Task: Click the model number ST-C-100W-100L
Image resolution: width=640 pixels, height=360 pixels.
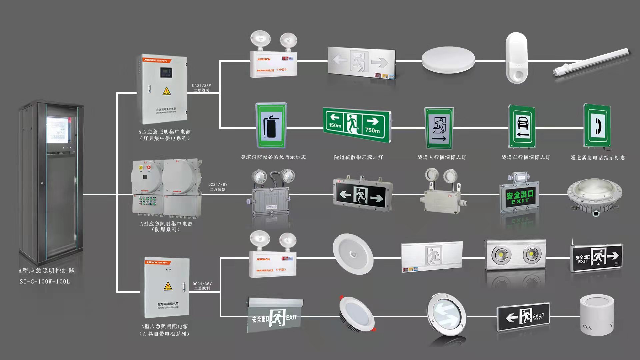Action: click(45, 282)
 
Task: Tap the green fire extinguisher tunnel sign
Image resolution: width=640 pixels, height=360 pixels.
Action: click(271, 126)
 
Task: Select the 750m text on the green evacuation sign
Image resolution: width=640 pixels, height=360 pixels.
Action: click(372, 130)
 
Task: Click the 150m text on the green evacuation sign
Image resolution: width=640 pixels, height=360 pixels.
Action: click(335, 126)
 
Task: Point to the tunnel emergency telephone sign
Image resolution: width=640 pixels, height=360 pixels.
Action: click(597, 126)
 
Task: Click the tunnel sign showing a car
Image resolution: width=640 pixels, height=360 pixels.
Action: click(522, 127)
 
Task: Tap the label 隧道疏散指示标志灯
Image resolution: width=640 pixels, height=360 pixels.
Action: click(358, 157)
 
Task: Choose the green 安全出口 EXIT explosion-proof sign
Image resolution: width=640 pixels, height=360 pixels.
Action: click(519, 197)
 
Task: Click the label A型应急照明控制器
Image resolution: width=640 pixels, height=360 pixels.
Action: click(46, 271)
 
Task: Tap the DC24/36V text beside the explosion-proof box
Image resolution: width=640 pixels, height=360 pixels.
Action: click(218, 185)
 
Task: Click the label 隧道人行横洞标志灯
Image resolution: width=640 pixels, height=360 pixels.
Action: click(442, 157)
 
